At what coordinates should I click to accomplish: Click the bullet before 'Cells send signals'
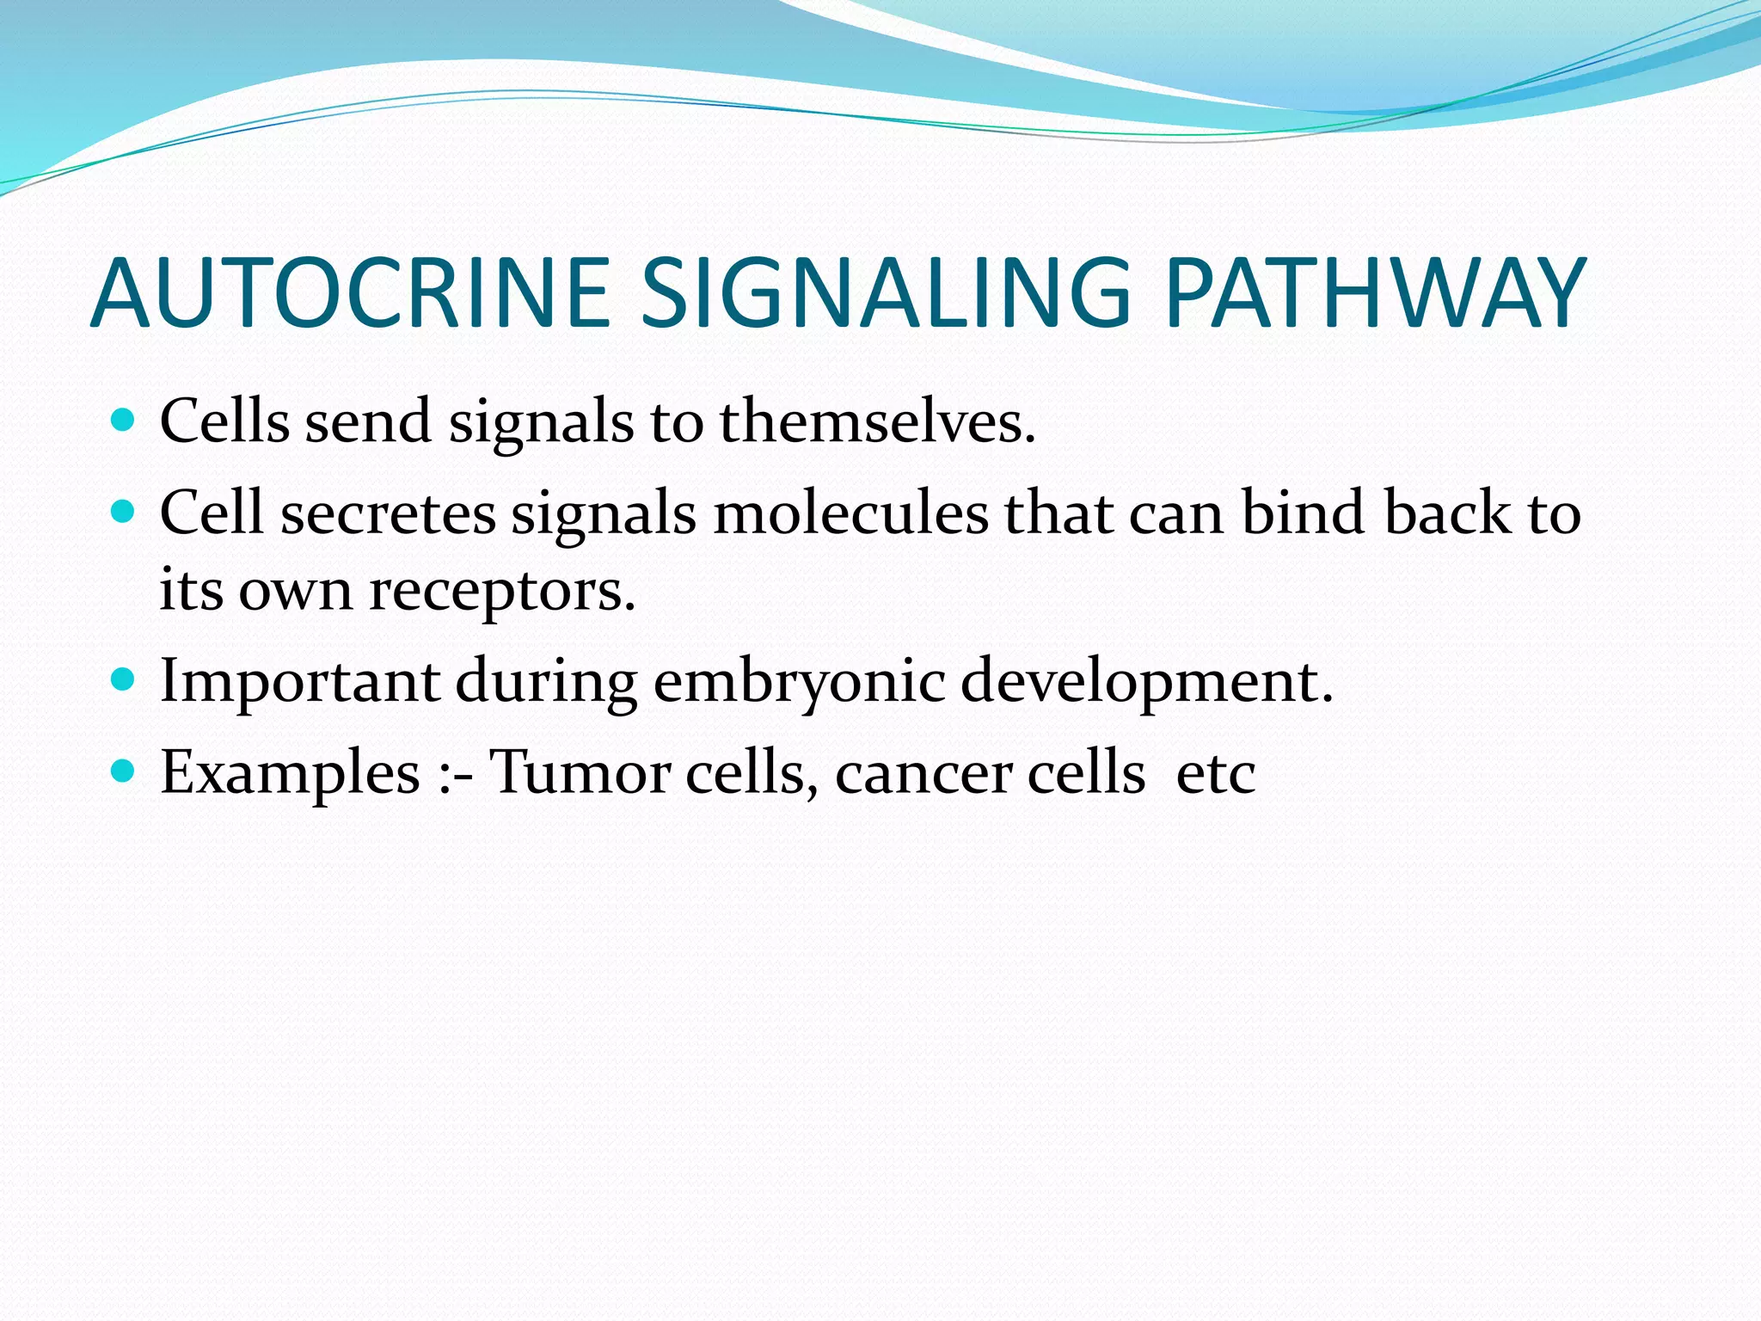coord(124,421)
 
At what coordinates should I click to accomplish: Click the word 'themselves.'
coord(877,422)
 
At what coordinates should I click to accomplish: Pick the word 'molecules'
coord(850,514)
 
